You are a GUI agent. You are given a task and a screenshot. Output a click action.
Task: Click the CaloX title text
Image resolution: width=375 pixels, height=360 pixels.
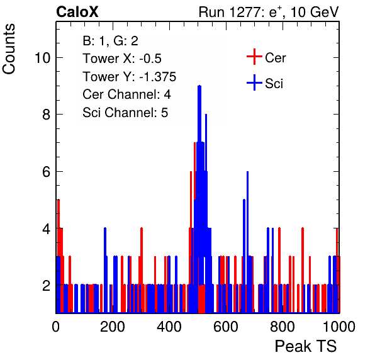click(77, 12)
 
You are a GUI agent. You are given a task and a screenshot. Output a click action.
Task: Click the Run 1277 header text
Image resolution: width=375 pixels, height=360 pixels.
click(269, 12)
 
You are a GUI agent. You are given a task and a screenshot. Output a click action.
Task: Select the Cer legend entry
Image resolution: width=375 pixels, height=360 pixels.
click(266, 57)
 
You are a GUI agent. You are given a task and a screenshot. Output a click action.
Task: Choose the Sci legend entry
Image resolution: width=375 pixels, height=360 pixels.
click(265, 83)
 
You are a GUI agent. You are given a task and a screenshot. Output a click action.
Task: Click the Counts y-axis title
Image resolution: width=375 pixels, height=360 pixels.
click(9, 49)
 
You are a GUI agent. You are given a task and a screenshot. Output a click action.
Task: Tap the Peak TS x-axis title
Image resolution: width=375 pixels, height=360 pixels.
click(306, 346)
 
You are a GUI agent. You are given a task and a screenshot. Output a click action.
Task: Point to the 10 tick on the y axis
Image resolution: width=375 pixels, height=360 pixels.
click(42, 58)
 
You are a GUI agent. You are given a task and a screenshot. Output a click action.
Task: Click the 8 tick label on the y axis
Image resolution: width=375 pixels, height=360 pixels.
click(47, 115)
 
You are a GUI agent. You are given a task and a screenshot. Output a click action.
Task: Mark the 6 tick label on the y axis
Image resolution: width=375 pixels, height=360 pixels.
click(47, 172)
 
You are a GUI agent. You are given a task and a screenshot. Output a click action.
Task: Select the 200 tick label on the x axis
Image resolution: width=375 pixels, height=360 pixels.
click(113, 327)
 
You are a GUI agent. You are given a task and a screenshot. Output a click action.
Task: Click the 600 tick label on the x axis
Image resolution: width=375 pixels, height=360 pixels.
click(226, 327)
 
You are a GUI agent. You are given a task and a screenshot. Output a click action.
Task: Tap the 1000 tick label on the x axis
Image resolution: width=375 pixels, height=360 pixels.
click(339, 327)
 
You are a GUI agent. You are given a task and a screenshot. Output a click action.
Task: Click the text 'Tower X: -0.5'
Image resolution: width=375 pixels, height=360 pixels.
click(122, 59)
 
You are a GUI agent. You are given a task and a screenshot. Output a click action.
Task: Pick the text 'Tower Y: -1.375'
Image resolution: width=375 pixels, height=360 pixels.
click(130, 77)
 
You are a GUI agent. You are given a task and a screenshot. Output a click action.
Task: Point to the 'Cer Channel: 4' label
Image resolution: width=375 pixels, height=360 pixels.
click(126, 94)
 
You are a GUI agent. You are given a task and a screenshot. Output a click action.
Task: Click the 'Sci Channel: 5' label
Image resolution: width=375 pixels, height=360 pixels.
click(125, 113)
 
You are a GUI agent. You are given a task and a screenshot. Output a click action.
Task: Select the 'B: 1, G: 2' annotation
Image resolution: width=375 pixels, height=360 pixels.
click(110, 41)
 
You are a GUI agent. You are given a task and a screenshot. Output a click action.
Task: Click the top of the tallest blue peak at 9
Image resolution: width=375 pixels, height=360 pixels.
click(199, 86)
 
